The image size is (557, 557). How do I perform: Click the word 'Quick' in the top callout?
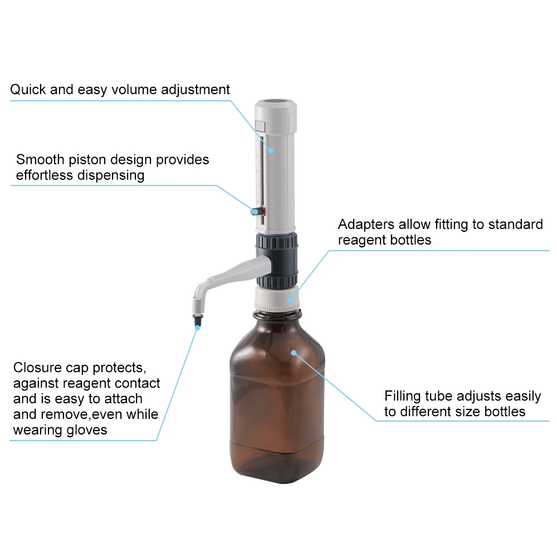[x=28, y=90]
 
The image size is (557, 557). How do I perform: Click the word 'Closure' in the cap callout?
[x=38, y=368]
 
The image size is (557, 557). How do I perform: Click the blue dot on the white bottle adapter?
[x=291, y=299]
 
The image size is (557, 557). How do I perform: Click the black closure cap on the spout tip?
[x=197, y=320]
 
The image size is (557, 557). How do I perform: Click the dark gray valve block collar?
[x=277, y=259]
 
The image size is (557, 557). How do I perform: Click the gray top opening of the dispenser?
[x=277, y=103]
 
